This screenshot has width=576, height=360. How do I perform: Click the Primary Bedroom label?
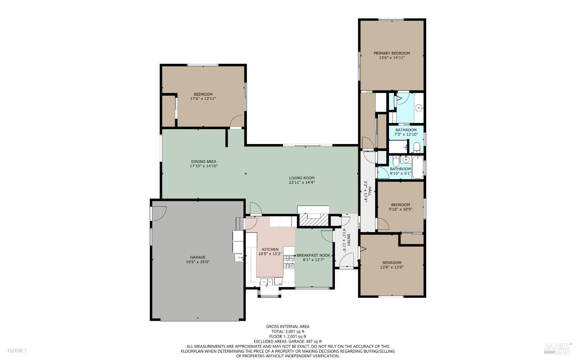(x=392, y=53)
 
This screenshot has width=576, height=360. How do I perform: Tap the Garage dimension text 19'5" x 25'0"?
(x=197, y=262)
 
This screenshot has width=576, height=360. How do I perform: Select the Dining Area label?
(x=204, y=161)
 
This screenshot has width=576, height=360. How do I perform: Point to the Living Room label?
(x=302, y=178)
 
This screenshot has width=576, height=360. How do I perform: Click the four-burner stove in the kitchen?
(x=288, y=262)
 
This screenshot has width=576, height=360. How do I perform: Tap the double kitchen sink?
(x=268, y=282)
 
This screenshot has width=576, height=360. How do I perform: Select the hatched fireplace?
(x=313, y=221)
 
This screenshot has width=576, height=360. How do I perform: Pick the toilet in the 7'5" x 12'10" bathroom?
(x=417, y=147)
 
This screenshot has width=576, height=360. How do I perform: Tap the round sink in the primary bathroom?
(x=419, y=108)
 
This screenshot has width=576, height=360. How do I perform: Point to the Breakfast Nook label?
(x=313, y=255)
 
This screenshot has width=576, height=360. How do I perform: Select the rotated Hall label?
(x=367, y=194)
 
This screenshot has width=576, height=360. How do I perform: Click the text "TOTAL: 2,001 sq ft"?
(x=288, y=332)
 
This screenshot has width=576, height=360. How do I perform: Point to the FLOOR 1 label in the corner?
(x=17, y=350)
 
